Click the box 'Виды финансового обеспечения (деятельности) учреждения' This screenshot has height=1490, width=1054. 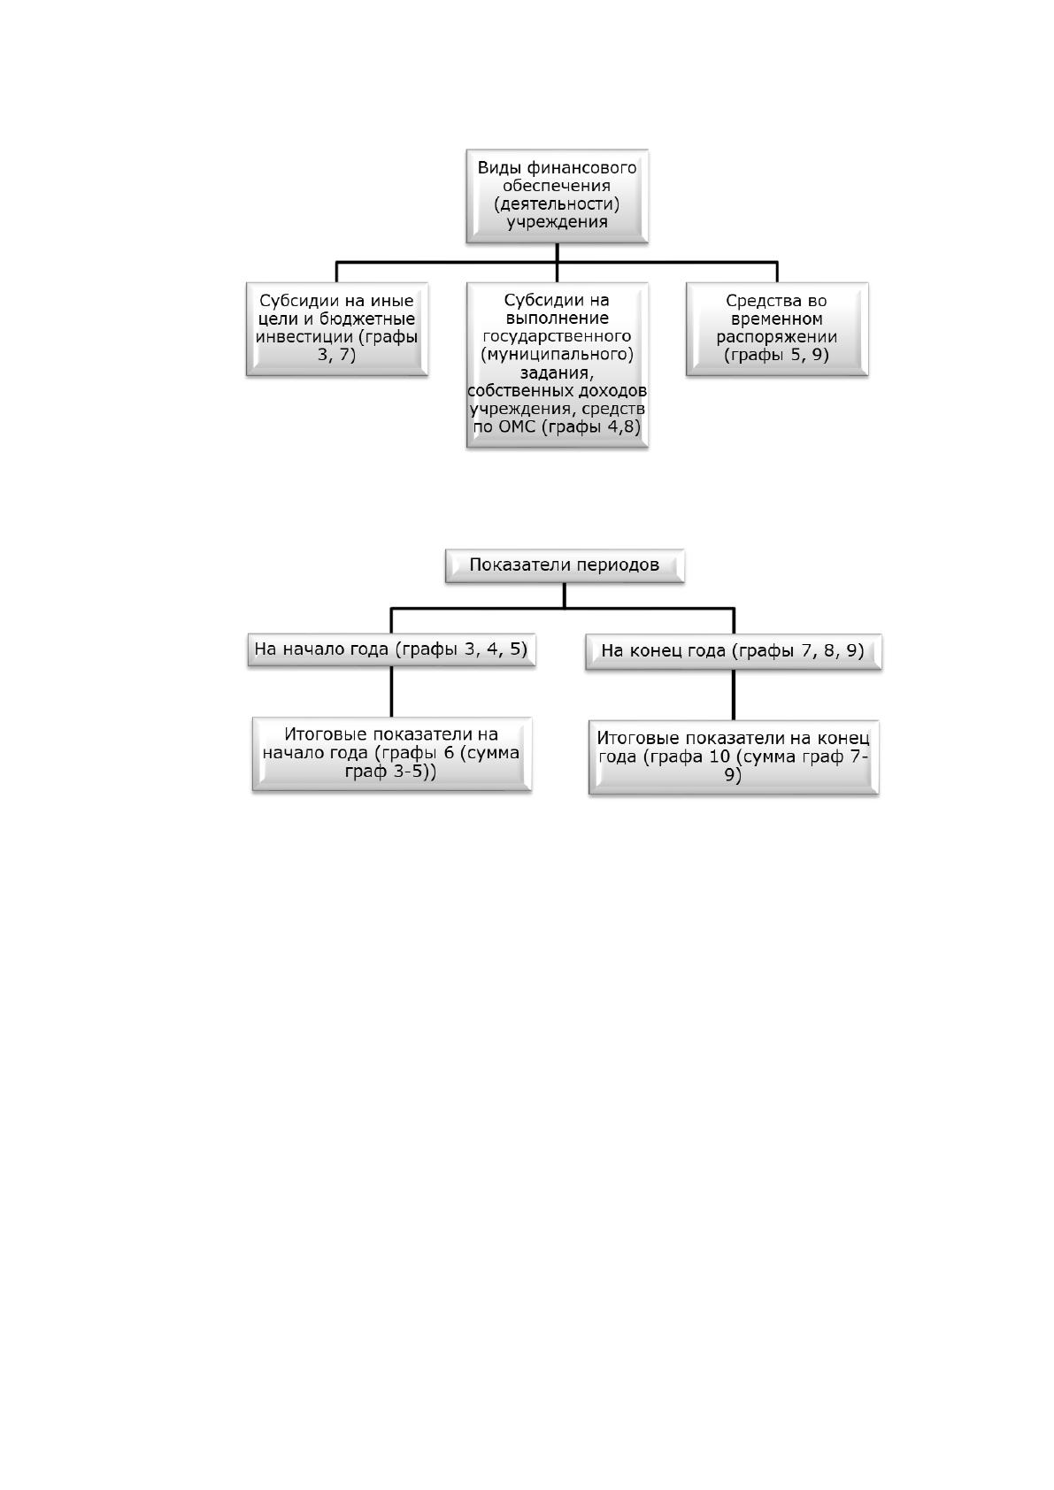click(557, 196)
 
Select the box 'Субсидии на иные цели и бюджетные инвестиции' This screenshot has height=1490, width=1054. click(336, 329)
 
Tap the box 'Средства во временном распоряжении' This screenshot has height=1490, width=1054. click(777, 329)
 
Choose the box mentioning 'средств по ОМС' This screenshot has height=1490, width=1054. click(557, 365)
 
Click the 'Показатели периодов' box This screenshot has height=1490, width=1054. click(565, 566)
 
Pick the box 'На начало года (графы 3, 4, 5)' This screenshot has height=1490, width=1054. click(391, 649)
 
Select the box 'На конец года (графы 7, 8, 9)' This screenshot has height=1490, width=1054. click(734, 652)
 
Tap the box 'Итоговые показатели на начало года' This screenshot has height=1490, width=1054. click(392, 755)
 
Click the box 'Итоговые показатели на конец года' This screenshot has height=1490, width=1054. click(734, 757)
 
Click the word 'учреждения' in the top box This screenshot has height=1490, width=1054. click(557, 221)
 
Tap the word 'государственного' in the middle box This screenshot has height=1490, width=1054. click(557, 336)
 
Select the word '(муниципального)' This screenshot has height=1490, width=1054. click(557, 354)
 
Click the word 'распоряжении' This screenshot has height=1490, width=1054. click(776, 337)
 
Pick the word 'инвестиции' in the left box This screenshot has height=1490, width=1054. click(304, 336)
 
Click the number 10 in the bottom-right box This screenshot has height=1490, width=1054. click(720, 757)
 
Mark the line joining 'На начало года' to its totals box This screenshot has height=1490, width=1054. click(391, 692)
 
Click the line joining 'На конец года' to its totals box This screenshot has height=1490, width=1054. click(734, 695)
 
